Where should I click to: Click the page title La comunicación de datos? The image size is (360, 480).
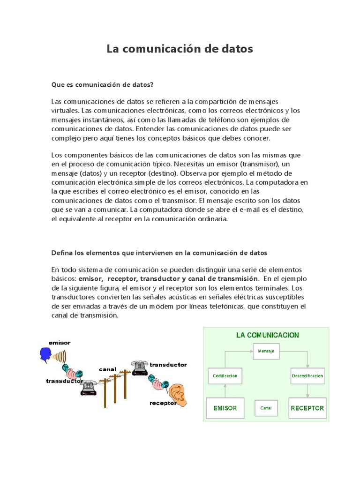(x=180, y=49)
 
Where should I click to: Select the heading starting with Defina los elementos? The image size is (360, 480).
(x=159, y=253)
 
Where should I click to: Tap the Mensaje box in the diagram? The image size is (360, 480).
(x=266, y=351)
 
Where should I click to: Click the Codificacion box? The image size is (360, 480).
(x=225, y=375)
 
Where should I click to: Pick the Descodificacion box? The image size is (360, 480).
(x=307, y=375)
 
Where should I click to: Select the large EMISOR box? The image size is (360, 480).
(x=225, y=408)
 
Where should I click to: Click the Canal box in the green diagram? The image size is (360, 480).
(x=266, y=408)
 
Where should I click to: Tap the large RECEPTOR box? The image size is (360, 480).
(x=307, y=408)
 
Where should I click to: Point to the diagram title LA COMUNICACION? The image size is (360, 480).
(x=267, y=335)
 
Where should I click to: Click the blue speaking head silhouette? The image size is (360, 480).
(x=45, y=354)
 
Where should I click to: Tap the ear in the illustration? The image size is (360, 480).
(x=178, y=393)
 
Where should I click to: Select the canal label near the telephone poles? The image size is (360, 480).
(x=107, y=369)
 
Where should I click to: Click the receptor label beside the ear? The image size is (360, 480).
(x=163, y=403)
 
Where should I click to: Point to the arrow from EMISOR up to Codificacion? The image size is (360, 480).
(x=225, y=390)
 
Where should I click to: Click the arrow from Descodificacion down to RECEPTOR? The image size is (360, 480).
(x=307, y=390)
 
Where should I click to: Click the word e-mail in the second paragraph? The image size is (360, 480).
(x=284, y=209)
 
